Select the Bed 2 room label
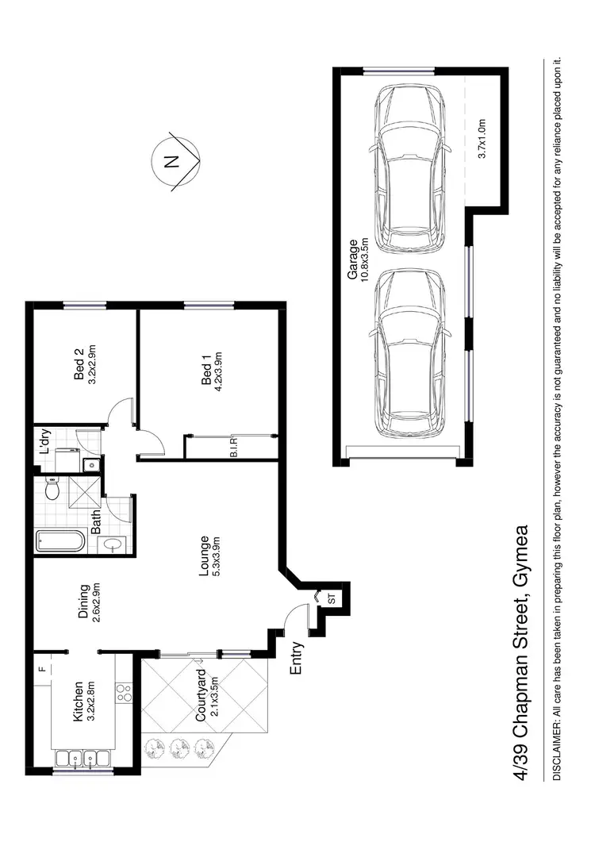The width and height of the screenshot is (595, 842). pos(79,366)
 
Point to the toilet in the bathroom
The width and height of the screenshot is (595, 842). pos(52,490)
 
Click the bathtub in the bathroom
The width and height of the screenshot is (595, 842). pos(60,542)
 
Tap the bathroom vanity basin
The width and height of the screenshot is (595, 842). pos(113,544)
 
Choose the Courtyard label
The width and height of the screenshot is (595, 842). pos(201,696)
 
